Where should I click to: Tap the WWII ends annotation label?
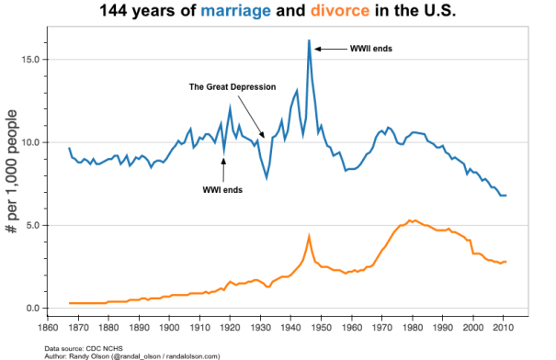tap(371, 48)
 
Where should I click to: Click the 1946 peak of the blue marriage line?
tap(309, 41)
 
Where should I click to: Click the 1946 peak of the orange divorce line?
tap(309, 237)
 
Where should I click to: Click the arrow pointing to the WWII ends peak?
tap(329, 48)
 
